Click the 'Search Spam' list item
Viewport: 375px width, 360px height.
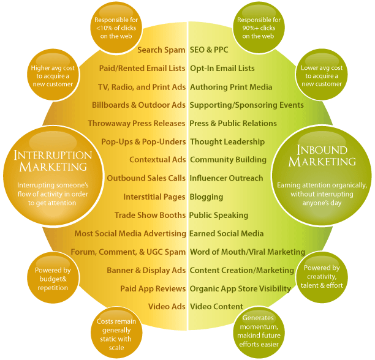tap(161, 50)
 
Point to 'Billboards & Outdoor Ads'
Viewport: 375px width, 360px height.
tap(138, 105)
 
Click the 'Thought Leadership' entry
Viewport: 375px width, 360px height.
tap(227, 142)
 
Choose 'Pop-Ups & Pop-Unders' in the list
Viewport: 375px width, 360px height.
tap(143, 142)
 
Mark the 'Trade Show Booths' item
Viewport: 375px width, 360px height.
tap(150, 216)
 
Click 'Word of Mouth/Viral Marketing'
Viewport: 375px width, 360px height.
tap(247, 252)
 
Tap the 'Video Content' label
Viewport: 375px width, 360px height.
tap(216, 307)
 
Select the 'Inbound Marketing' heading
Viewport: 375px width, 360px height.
tap(322, 156)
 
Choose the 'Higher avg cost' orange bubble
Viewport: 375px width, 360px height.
tap(52, 77)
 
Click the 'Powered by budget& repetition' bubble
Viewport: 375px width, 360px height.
tap(53, 280)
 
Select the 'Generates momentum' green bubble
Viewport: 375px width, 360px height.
tap(258, 331)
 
